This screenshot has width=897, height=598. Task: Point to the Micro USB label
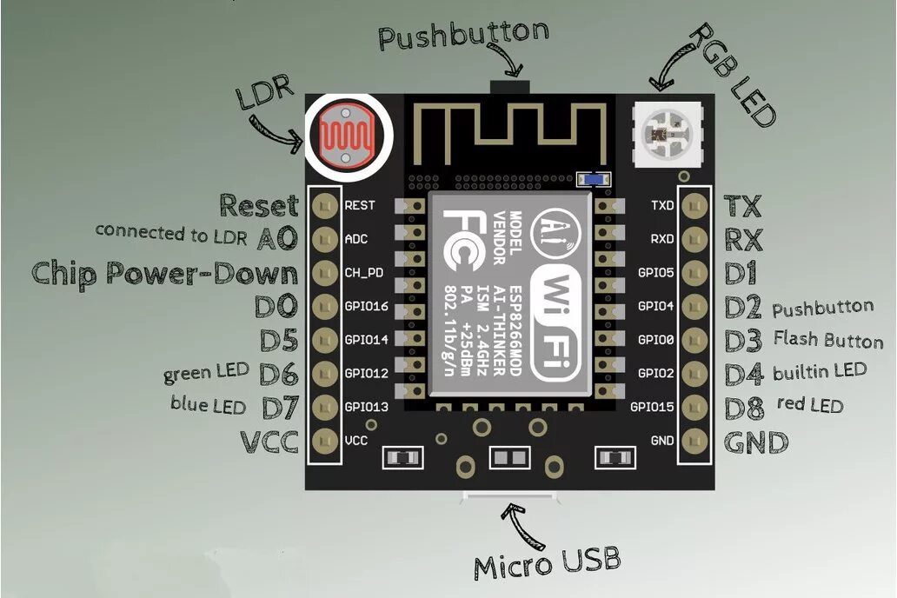(x=548, y=562)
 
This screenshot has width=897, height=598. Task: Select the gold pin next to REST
(x=325, y=205)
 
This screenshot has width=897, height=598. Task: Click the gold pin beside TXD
(x=694, y=205)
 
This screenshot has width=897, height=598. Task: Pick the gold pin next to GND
(x=694, y=440)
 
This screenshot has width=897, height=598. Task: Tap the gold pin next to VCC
(x=325, y=440)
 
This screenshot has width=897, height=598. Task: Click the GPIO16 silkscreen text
(x=366, y=306)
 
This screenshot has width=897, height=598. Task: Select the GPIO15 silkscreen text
(x=653, y=407)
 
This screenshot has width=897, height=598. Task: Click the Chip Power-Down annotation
(x=164, y=273)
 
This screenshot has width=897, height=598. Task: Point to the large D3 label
(x=743, y=340)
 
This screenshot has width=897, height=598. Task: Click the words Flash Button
(x=827, y=340)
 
